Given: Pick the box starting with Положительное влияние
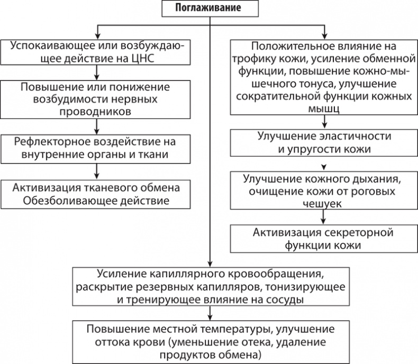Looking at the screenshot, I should (323, 77).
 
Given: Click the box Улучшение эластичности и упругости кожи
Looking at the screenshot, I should (323, 142).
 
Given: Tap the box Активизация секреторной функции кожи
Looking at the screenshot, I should (323, 239).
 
